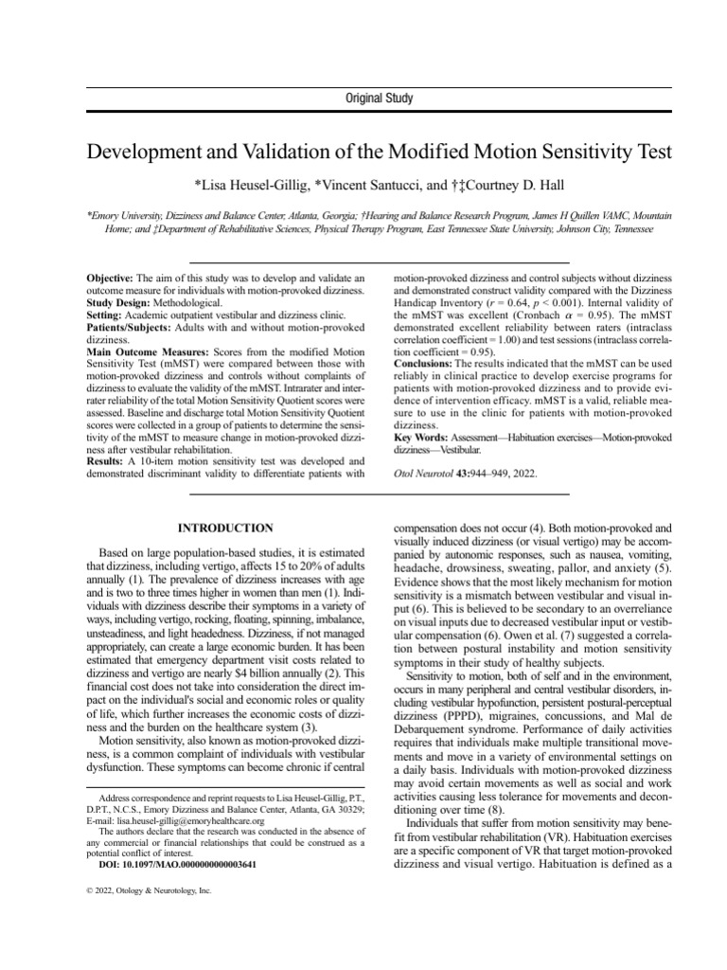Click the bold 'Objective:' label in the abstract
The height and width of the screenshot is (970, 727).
pyautogui.click(x=111, y=278)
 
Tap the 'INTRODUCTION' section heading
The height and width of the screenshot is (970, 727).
pyautogui.click(x=226, y=528)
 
